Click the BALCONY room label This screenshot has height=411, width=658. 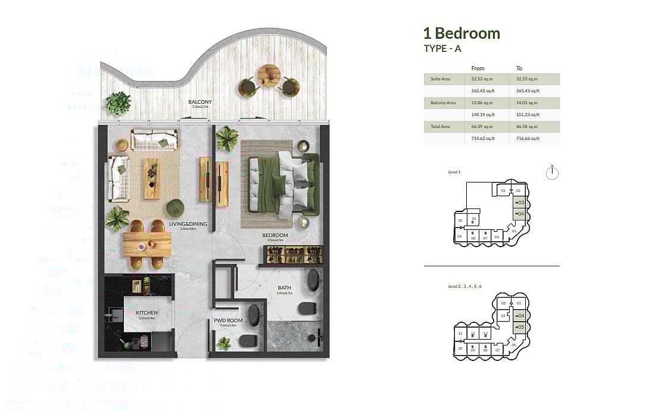point(200,102)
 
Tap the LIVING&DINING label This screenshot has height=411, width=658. point(188,224)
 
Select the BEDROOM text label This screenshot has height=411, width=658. point(275,235)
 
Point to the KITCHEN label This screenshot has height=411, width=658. point(146,312)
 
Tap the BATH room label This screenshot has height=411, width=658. point(284,288)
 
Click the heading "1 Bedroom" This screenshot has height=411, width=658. point(461,33)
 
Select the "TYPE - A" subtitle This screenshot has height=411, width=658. point(442,49)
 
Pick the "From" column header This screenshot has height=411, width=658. point(478,68)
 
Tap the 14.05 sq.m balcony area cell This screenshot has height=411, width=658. point(527,103)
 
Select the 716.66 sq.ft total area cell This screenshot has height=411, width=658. point(528,138)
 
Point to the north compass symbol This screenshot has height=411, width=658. point(553,173)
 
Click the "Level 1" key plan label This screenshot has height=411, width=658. point(454,172)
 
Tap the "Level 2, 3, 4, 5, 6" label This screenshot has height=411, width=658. point(464,287)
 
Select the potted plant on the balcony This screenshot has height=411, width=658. point(118,103)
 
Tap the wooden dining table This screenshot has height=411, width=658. point(147,244)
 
